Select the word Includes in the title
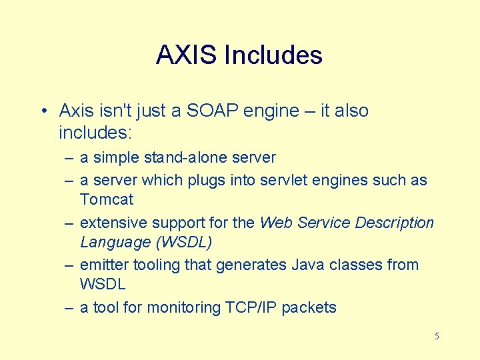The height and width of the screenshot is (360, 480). tap(273, 55)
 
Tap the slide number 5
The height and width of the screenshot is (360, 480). tap(437, 336)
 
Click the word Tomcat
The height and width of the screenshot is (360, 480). tap(107, 199)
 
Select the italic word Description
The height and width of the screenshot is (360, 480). tap(393, 223)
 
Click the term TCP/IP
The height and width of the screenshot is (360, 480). tap(249, 307)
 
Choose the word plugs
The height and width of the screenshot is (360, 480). tap(198, 181)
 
